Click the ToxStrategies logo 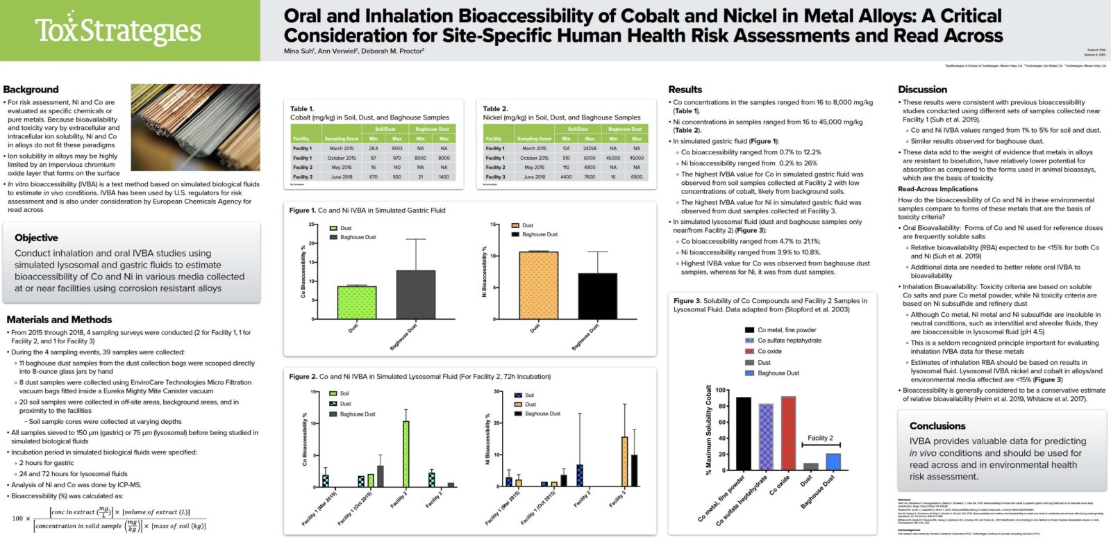(x=118, y=31)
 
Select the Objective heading (x=36, y=238)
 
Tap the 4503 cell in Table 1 (x=396, y=148)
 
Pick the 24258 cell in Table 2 (x=590, y=148)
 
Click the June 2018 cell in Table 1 (x=341, y=177)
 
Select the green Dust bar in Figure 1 (x=356, y=302)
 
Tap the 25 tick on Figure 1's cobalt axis (x=312, y=224)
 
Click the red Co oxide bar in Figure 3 (x=788, y=433)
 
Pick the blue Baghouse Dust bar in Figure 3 (x=833, y=461)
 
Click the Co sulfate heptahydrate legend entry (x=789, y=341)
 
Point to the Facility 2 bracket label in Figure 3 (x=820, y=438)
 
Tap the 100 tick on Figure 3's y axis (x=720, y=391)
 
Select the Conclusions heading (x=937, y=426)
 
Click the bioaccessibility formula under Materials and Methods (x=111, y=518)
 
